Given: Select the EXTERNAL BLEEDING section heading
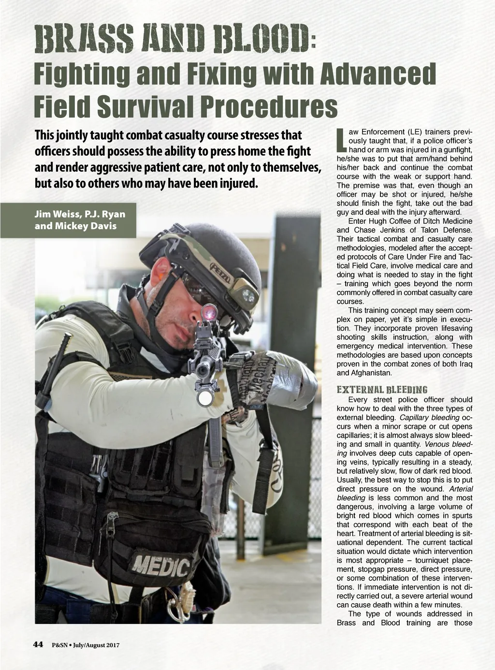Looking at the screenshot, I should coord(381,390).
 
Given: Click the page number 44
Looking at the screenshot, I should coord(38,644).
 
